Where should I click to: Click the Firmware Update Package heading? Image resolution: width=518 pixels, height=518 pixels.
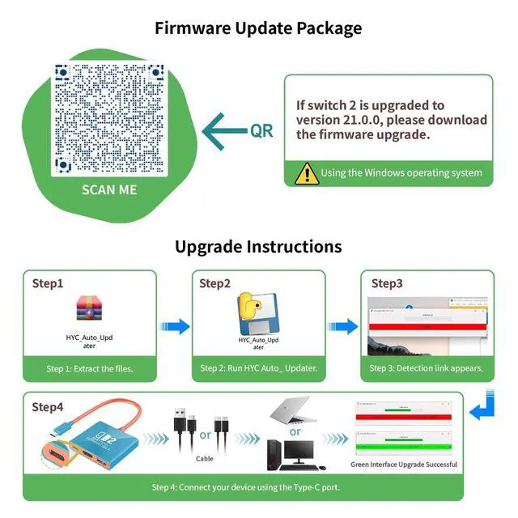[x=258, y=28]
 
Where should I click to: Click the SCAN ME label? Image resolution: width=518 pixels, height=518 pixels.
[x=109, y=190]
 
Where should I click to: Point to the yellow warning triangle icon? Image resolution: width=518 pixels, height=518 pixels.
[x=306, y=172]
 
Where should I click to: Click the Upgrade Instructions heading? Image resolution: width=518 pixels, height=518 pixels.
[x=258, y=246]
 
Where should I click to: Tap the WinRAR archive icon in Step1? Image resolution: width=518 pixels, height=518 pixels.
[x=87, y=312]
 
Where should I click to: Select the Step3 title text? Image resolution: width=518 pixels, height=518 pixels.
[x=387, y=283]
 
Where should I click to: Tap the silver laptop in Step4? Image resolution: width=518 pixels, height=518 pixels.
[x=294, y=413]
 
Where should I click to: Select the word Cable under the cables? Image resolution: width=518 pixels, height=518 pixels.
[x=205, y=458]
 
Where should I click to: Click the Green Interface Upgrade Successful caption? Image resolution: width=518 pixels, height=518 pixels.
[x=404, y=465]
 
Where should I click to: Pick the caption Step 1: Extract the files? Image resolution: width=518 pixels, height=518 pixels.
[x=89, y=368]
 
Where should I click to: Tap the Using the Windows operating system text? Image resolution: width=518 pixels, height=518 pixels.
[x=401, y=172]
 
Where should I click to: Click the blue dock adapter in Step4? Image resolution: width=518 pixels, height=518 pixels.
[x=97, y=441]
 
